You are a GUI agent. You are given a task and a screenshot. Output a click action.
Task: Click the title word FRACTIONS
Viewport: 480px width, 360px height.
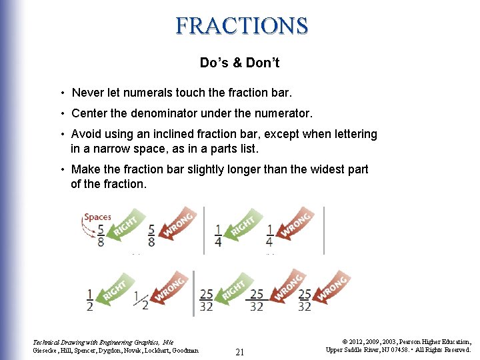pos(242,25)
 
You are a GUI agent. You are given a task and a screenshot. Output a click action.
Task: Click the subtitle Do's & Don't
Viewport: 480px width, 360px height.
pos(239,63)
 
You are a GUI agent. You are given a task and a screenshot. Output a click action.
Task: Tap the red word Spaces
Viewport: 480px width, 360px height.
pos(97,217)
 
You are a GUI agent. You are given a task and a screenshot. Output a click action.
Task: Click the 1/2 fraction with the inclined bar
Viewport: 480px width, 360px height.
pos(141,299)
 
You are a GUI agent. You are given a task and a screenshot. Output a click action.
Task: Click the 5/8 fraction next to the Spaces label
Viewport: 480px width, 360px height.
pos(101,235)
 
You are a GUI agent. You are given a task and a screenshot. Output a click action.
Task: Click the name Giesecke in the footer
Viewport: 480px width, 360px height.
pos(46,350)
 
